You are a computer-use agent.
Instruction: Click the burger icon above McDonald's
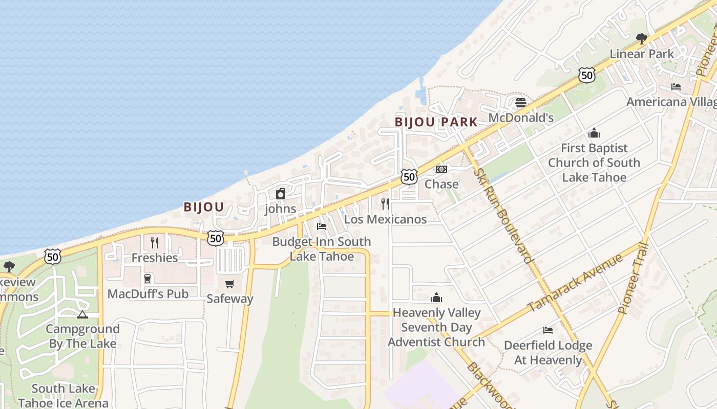(521, 103)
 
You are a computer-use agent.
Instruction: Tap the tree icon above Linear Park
(641, 38)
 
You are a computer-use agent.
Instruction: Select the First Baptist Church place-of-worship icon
(594, 133)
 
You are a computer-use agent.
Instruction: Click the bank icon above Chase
(441, 169)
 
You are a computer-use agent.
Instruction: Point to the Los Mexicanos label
(385, 219)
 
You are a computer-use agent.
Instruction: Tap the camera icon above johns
(280, 194)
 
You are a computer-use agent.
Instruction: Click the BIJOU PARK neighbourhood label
(436, 122)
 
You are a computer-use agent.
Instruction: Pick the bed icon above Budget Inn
(322, 226)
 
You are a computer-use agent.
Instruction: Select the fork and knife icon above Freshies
(155, 242)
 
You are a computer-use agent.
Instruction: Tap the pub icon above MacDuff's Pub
(147, 279)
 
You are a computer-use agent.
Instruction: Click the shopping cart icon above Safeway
(230, 284)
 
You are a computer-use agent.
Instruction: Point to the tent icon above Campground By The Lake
(82, 314)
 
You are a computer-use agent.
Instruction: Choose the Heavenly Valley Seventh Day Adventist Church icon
(436, 298)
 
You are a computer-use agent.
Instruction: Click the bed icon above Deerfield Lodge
(548, 330)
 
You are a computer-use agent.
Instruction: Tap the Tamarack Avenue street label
(575, 282)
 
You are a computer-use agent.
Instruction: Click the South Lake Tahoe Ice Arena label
(63, 396)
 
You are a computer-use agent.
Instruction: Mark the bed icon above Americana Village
(676, 87)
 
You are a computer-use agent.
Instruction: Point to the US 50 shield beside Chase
(409, 177)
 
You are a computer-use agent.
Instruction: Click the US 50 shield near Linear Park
(587, 75)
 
